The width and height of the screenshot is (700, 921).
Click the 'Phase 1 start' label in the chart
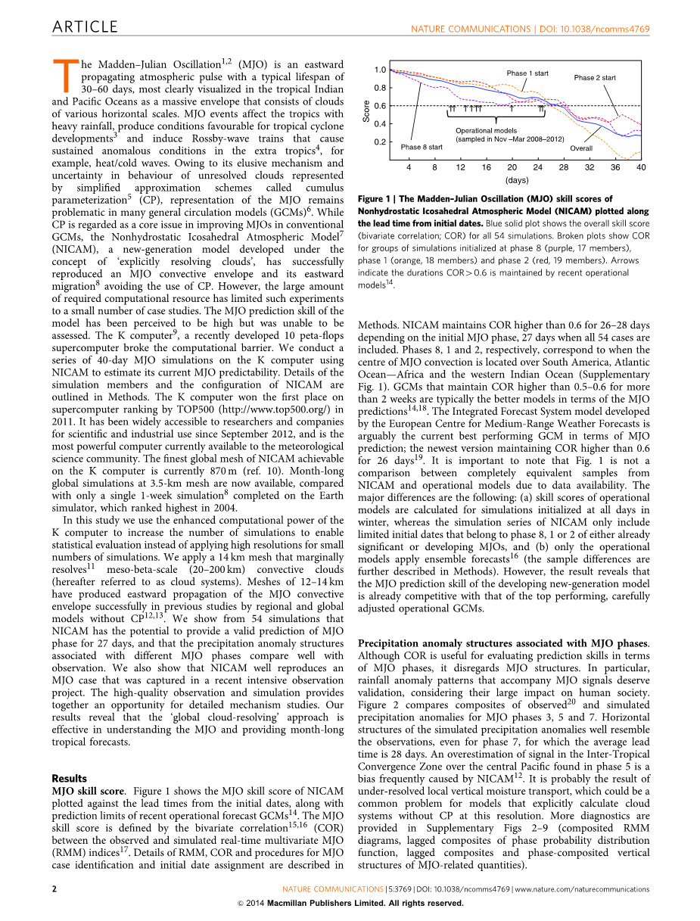pyautogui.click(x=527, y=73)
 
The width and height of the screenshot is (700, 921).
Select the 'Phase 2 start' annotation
pyautogui.click(x=595, y=78)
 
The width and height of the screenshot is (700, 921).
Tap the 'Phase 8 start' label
pyautogui.click(x=422, y=147)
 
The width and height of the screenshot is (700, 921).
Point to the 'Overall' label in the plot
pyautogui.click(x=581, y=148)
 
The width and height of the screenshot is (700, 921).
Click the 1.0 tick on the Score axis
pyautogui.click(x=380, y=70)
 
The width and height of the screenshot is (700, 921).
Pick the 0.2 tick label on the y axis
pyautogui.click(x=380, y=142)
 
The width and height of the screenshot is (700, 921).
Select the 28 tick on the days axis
pyautogui.click(x=564, y=166)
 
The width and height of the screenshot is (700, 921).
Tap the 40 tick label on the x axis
pyautogui.click(x=641, y=166)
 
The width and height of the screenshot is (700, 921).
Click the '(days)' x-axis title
pyautogui.click(x=517, y=180)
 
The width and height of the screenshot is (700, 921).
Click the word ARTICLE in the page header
pyautogui.click(x=85, y=27)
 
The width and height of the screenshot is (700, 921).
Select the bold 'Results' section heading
pyautogui.click(x=69, y=778)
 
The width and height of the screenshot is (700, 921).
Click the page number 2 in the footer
pyautogui.click(x=54, y=888)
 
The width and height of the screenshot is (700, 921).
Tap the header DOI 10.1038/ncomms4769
pyautogui.click(x=593, y=29)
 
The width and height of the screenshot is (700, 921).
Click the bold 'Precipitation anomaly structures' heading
pyautogui.click(x=431, y=643)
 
